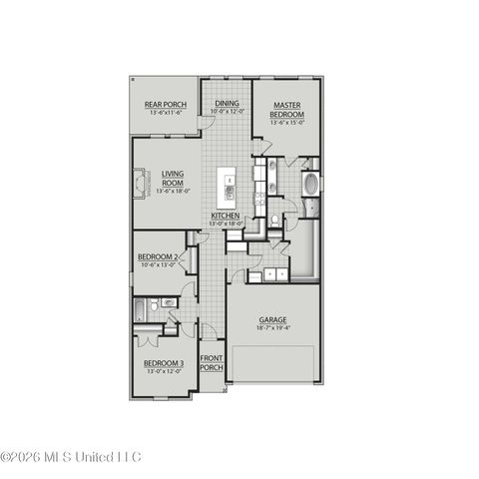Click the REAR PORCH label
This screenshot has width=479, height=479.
(166, 104)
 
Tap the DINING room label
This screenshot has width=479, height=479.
(227, 103)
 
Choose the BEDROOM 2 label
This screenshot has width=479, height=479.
(158, 257)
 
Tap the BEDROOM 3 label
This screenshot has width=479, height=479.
(163, 363)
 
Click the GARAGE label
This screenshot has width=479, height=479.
(272, 320)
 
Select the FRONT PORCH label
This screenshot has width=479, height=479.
(211, 362)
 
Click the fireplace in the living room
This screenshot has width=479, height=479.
(139, 185)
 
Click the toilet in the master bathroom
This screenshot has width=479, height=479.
(274, 221)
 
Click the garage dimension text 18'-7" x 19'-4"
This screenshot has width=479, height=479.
(272, 327)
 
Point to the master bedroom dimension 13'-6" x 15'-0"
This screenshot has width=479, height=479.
(287, 124)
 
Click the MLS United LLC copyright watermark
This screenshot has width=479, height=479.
(72, 458)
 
